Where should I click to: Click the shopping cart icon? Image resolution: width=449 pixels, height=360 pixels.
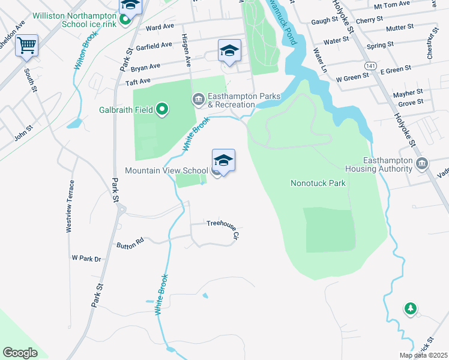click(27, 46)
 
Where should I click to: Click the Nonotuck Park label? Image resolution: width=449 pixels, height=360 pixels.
click(318, 183)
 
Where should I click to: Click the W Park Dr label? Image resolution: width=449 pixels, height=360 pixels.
click(86, 259)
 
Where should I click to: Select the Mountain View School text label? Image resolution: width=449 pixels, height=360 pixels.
click(166, 171)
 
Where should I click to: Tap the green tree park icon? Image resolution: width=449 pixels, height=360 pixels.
click(410, 308)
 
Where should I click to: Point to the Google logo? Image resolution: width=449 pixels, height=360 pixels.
click(20, 353)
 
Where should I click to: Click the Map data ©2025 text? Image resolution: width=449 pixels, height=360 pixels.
click(423, 355)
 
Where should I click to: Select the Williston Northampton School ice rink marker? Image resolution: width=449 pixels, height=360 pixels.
click(125, 20)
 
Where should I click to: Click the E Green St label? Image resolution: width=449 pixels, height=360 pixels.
click(395, 70)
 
